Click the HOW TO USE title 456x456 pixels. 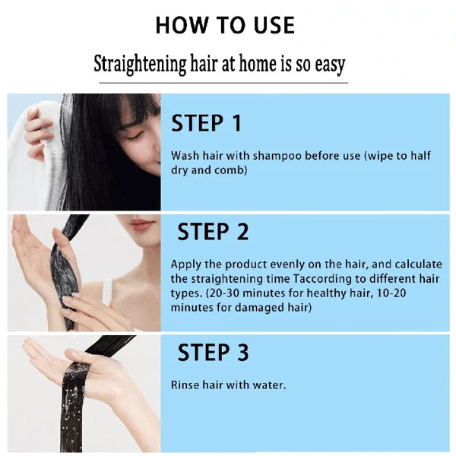point(225,24)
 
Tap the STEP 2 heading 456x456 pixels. point(214,231)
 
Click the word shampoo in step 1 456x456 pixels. point(260,156)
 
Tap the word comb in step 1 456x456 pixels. point(232,171)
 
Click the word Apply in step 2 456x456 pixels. point(185,264)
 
